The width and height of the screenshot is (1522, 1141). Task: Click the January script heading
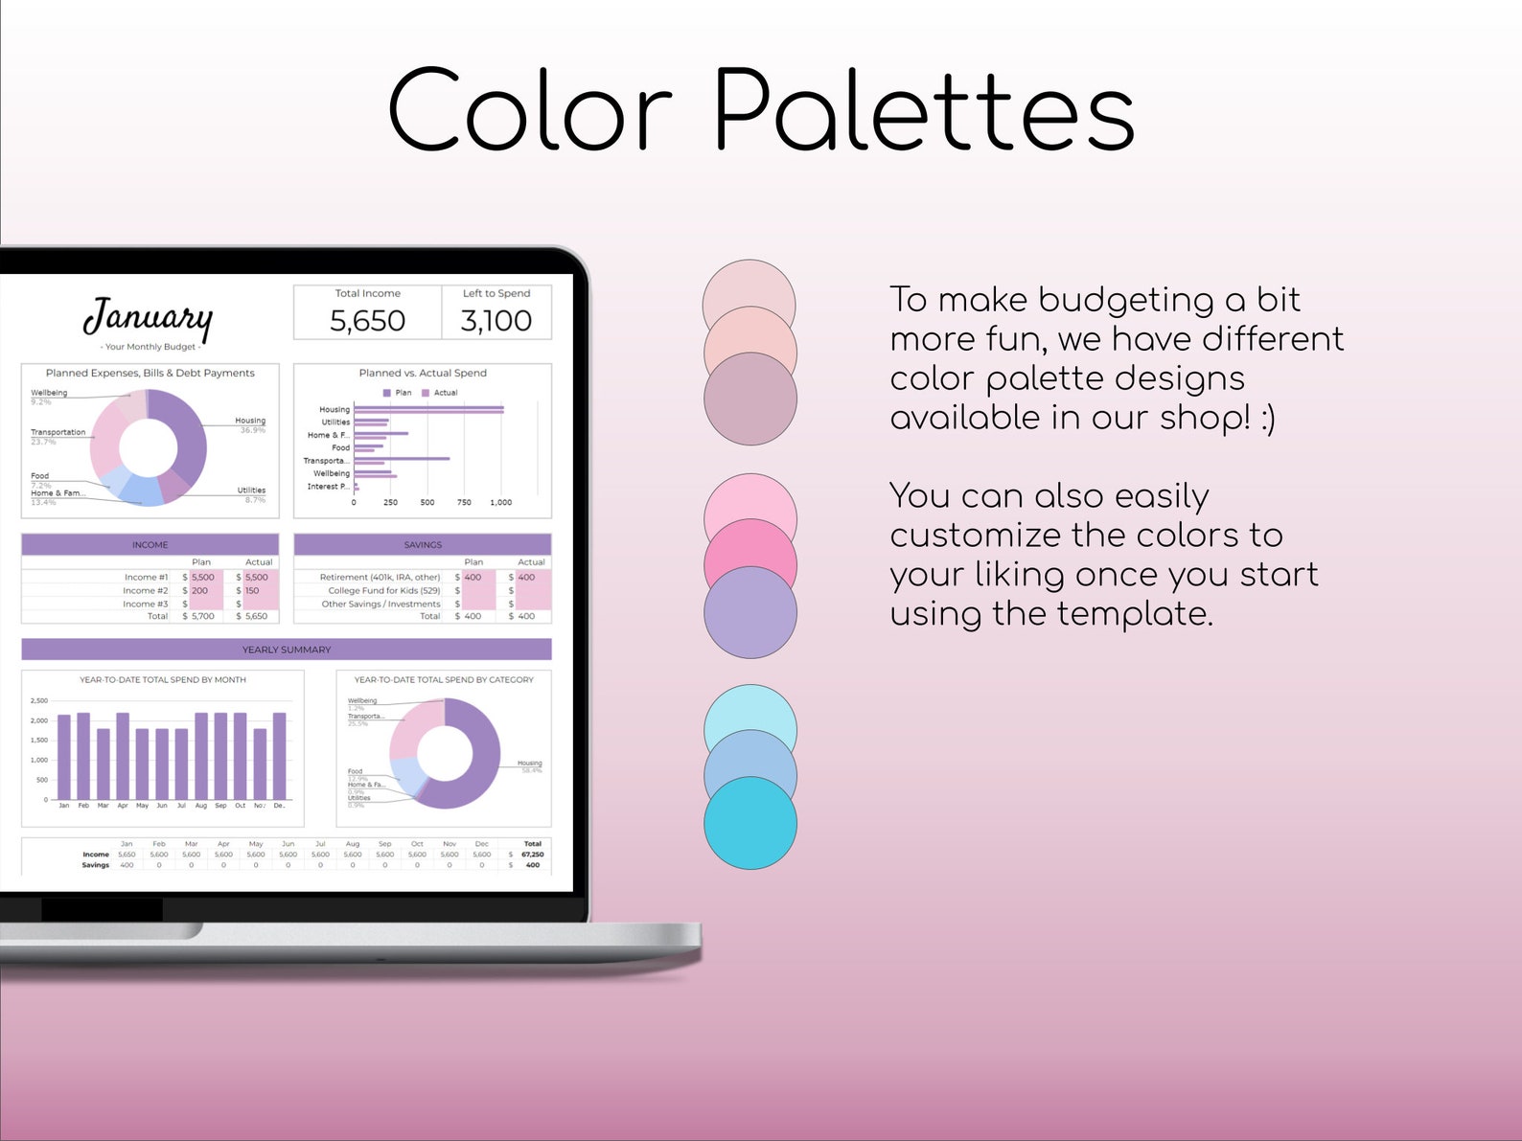click(x=149, y=318)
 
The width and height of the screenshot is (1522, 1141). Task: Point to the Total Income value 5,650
click(x=367, y=321)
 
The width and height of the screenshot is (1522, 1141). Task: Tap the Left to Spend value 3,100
click(x=496, y=321)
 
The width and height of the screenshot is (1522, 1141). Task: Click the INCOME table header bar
click(x=150, y=544)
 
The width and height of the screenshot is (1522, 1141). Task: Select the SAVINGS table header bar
click(x=423, y=544)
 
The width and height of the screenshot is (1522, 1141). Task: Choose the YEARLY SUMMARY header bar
click(x=287, y=650)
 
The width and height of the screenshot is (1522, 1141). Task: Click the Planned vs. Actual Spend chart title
click(x=423, y=373)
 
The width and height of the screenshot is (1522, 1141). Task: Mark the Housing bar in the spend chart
click(x=428, y=410)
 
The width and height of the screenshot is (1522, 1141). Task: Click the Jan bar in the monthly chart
click(x=64, y=757)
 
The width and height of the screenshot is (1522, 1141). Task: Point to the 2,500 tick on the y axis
click(x=39, y=701)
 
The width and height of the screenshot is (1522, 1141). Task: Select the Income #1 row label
click(x=146, y=578)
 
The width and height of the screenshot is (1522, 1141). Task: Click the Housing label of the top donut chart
click(x=250, y=421)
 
